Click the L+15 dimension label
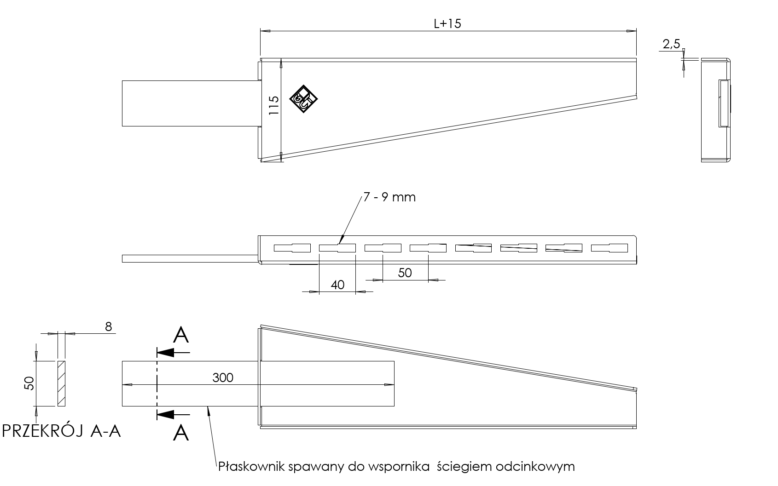(x=447, y=23)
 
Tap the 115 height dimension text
(x=274, y=105)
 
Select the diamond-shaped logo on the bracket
(x=303, y=99)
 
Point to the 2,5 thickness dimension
(x=671, y=44)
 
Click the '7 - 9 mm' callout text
(x=389, y=197)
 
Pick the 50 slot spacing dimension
(x=405, y=273)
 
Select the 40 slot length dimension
(x=337, y=285)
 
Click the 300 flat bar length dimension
(x=223, y=377)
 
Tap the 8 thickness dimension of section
(x=108, y=326)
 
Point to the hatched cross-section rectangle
(x=62, y=383)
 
